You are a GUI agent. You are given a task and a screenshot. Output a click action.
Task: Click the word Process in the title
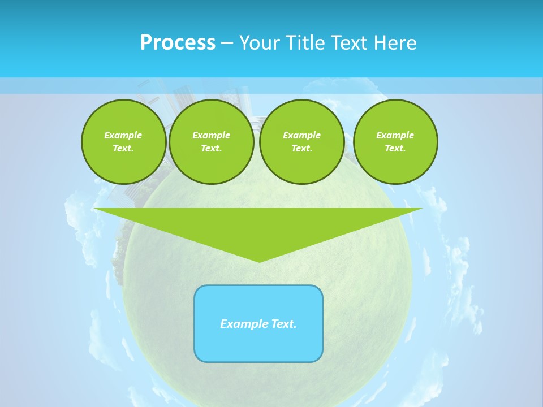coord(178,43)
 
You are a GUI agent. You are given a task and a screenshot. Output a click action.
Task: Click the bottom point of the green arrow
coord(259,261)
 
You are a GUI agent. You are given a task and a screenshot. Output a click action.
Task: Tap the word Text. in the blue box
coord(284,324)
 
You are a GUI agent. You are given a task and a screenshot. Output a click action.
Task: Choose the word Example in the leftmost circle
coord(123,135)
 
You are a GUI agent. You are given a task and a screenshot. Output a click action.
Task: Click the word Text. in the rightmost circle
coord(395,148)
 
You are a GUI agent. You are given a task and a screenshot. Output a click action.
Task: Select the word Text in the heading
coord(347,43)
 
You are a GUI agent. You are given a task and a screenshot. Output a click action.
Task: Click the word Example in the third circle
coord(302,135)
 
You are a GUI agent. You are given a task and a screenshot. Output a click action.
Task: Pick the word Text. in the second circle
coord(212,148)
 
